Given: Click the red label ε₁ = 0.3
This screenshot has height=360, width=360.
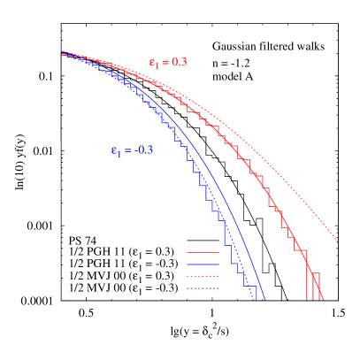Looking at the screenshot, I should point(167,63).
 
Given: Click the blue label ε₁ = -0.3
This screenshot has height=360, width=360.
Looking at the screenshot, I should point(132,149).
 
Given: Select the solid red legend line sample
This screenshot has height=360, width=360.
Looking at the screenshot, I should point(203,252).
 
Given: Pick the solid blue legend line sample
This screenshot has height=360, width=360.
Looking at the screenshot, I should point(203,264).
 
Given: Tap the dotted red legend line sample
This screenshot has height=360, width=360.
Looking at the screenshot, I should point(203,276).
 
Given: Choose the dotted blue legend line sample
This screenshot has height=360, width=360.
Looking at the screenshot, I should point(203,287).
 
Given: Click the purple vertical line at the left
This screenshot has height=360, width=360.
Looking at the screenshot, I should point(60,97).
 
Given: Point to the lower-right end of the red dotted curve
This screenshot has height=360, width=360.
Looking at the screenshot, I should point(337,240).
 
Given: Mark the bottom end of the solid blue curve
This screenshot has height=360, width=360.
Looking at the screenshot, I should point(264,298).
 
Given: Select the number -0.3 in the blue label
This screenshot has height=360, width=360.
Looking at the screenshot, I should point(143,149).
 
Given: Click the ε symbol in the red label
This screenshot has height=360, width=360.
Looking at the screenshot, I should point(151,63).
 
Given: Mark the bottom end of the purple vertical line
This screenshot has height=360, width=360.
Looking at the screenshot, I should point(60,141).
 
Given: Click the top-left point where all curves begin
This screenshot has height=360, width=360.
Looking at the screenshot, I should point(61,54).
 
